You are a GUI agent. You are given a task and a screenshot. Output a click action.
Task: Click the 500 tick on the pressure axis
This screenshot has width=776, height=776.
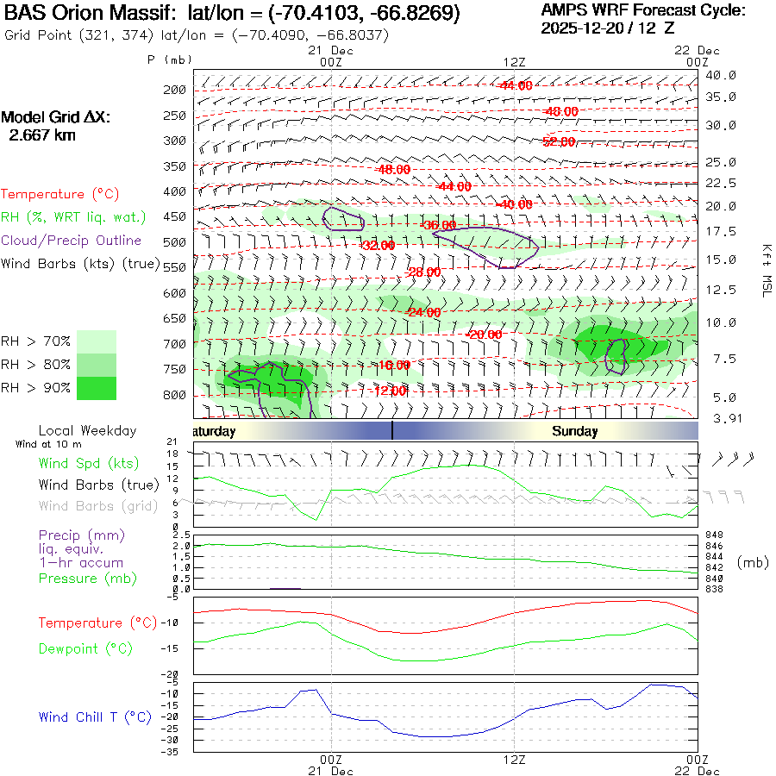[x=175, y=242]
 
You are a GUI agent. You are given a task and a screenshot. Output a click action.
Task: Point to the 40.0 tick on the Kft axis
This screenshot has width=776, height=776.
[x=720, y=75]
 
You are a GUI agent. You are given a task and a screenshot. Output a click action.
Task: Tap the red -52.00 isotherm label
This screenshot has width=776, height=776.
[x=559, y=141]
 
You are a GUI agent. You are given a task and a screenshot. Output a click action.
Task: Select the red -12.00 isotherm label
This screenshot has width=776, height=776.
[x=388, y=391]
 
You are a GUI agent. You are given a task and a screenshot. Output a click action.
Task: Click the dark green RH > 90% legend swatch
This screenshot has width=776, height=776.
[x=97, y=388]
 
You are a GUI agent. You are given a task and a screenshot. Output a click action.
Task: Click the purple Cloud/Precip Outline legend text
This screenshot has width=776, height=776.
[x=72, y=241]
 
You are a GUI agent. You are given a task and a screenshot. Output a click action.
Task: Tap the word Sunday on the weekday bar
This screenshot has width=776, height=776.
[x=575, y=431]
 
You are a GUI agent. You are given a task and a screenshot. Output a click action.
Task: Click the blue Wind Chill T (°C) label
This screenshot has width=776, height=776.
[x=95, y=717]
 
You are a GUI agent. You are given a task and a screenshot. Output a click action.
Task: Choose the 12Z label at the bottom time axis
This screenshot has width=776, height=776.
[x=514, y=759]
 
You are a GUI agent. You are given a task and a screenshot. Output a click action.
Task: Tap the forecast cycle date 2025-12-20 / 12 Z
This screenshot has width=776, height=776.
[x=608, y=28]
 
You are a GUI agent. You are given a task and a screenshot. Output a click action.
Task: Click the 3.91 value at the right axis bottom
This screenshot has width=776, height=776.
[x=720, y=418]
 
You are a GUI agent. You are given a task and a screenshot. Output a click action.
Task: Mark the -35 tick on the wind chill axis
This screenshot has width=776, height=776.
[x=172, y=752]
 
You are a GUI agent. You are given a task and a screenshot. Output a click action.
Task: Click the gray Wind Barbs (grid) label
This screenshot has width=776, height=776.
[x=90, y=505]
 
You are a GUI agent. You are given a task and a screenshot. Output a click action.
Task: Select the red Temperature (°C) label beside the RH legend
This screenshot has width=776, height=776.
[x=60, y=195]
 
